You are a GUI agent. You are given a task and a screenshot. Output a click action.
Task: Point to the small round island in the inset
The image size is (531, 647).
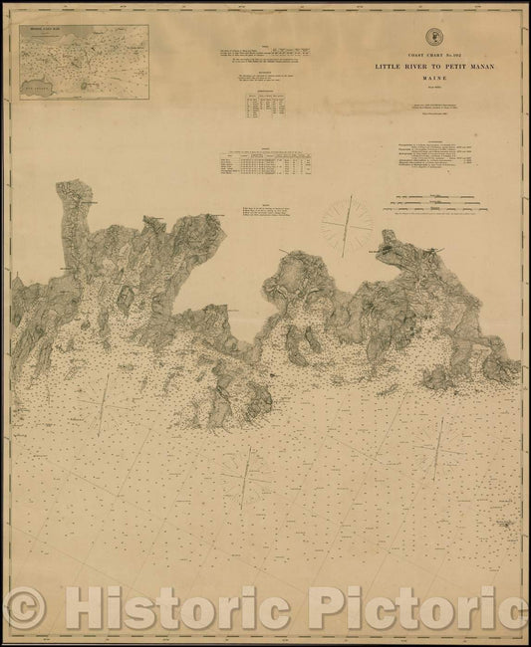(x=91, y=85)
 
